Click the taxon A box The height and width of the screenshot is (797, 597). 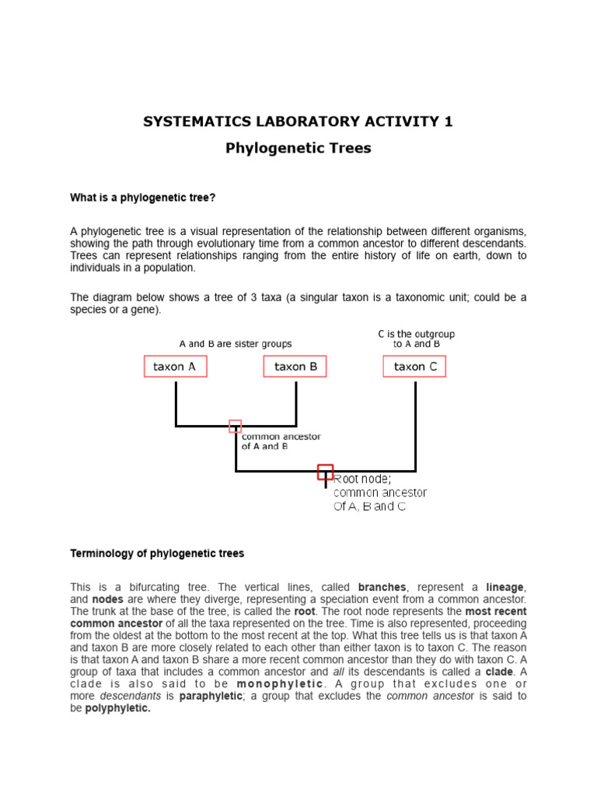(x=176, y=367)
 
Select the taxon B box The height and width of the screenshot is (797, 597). (x=295, y=367)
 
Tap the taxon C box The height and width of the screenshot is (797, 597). (x=414, y=367)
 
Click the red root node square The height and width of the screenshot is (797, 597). (x=326, y=472)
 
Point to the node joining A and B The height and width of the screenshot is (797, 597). (x=236, y=426)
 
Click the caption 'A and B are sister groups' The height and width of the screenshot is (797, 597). (x=236, y=344)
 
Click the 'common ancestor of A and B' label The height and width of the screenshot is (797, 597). (x=281, y=441)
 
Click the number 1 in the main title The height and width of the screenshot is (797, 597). (x=448, y=121)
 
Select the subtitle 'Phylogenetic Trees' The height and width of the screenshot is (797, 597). (x=298, y=148)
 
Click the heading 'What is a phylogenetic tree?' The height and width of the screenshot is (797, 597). (x=143, y=198)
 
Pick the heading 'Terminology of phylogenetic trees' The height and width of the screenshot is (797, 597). (x=157, y=553)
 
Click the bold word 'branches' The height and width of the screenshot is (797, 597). (x=382, y=587)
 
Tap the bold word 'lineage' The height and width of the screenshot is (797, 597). (x=506, y=587)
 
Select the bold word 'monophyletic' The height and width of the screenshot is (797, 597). (x=280, y=683)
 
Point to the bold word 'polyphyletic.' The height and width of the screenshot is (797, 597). (x=117, y=708)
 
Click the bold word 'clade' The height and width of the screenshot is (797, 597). (x=498, y=671)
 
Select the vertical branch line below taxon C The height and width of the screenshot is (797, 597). (x=416, y=424)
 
